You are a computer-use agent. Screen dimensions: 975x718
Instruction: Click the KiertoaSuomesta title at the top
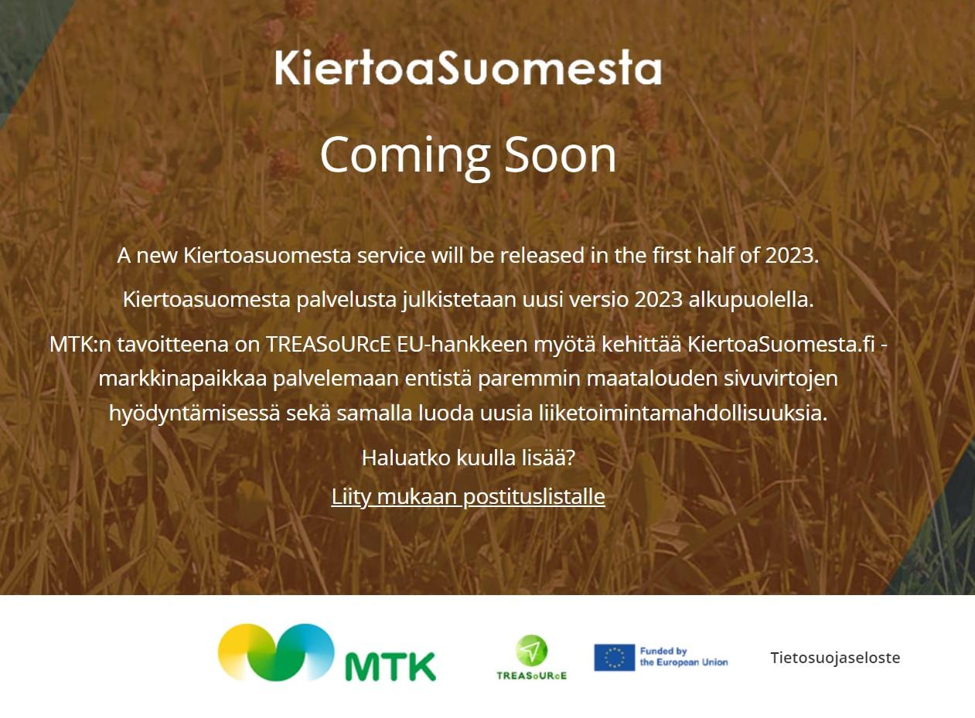[x=469, y=67]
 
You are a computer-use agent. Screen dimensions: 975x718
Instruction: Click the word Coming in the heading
[x=406, y=157]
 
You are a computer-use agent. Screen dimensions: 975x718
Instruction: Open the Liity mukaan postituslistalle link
[x=469, y=496]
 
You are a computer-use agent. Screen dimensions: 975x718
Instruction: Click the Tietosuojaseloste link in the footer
[x=835, y=658]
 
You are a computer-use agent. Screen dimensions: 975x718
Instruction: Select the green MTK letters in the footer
[x=390, y=665]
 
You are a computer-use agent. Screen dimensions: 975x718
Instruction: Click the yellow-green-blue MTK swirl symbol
[x=276, y=652]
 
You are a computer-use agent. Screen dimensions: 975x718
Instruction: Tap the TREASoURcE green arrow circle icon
[x=531, y=651]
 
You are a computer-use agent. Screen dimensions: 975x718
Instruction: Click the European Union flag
[x=614, y=658]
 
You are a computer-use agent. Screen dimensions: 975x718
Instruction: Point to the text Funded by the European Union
[x=684, y=657]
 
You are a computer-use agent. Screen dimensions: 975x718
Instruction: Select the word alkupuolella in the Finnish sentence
[x=751, y=299]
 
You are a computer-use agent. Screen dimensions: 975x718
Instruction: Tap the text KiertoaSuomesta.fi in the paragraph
[x=781, y=345]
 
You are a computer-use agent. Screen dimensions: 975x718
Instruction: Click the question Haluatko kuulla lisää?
[x=469, y=458]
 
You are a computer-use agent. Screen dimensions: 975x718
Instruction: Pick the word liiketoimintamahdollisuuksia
[x=684, y=413]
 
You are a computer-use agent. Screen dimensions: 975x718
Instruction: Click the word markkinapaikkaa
[x=182, y=379]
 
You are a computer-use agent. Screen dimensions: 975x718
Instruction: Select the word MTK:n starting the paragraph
[x=80, y=345]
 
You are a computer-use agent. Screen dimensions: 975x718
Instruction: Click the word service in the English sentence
[x=391, y=255]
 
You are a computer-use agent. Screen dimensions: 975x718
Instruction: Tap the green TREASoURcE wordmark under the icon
[x=532, y=675]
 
